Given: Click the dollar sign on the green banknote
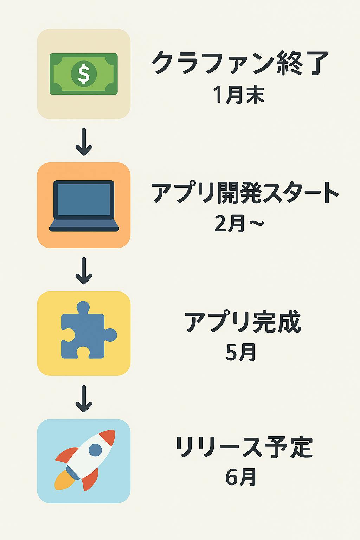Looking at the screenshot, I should (x=84, y=73).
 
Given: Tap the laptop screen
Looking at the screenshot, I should (x=84, y=199).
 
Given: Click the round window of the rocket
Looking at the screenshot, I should (x=95, y=449).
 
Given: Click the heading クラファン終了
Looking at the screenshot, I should (x=240, y=63).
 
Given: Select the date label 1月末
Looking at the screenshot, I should (x=239, y=95).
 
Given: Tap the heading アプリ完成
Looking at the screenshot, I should (x=243, y=322).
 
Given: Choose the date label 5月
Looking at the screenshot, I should (x=241, y=352).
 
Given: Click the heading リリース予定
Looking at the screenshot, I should (x=244, y=447).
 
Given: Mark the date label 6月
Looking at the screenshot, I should (x=241, y=477).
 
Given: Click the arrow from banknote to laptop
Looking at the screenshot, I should (x=84, y=142).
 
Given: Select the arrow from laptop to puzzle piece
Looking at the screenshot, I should (x=84, y=271).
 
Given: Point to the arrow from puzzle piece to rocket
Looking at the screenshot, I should (x=84, y=399).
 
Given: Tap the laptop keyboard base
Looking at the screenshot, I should (x=84, y=225).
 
